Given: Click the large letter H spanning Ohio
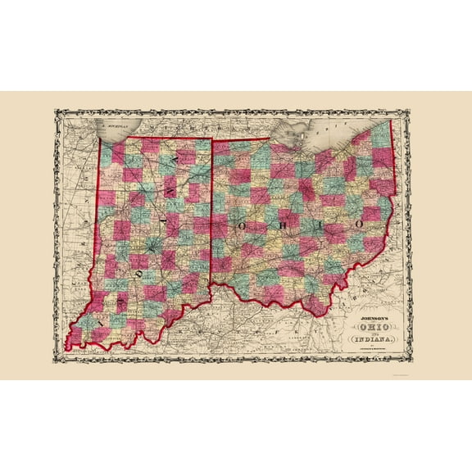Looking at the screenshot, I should click(279, 222).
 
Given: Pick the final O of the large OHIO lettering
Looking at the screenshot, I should click(359, 223).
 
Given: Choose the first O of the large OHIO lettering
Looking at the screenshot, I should click(242, 222).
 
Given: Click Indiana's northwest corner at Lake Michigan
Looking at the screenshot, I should click(100, 138).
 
